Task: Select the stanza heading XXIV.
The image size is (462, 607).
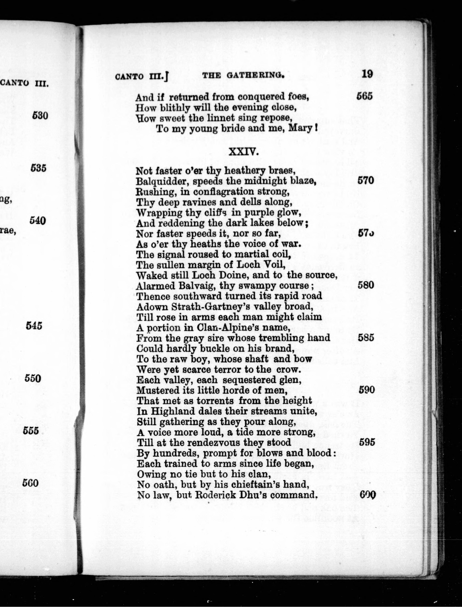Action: pos(243,152)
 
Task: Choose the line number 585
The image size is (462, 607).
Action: pos(366,338)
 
